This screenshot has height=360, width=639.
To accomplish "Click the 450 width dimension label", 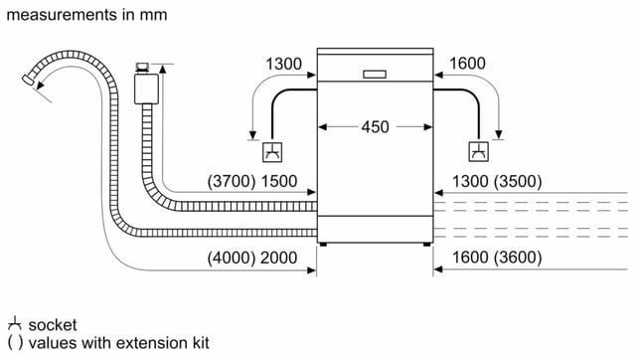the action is [x=375, y=127].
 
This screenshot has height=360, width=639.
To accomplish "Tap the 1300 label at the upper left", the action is [x=283, y=64].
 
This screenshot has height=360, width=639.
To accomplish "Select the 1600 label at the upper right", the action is [x=467, y=64].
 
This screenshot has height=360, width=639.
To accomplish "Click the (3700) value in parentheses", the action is [x=232, y=181].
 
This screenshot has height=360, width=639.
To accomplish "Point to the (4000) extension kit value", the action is [x=232, y=258].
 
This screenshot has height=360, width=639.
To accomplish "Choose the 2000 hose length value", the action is [x=278, y=258].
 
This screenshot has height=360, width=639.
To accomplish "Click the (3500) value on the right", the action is [x=518, y=181].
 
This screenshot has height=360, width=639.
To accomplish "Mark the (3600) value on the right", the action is [x=518, y=258].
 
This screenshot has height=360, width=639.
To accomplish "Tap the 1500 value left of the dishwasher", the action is [x=279, y=181].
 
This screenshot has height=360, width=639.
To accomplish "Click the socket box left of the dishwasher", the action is [x=272, y=152].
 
